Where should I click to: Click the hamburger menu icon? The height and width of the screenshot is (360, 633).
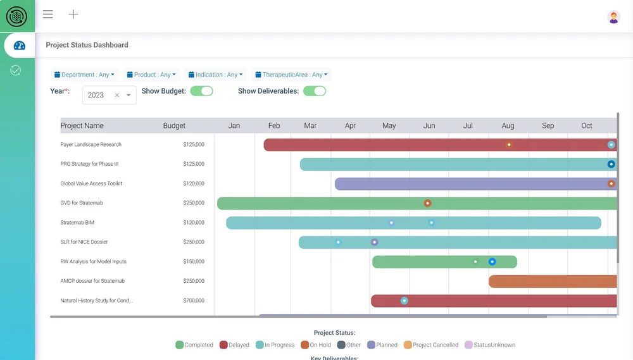(x=48, y=15)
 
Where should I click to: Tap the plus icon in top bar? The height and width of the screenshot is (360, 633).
(x=73, y=15)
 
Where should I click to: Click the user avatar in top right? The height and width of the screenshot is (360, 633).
(x=613, y=17)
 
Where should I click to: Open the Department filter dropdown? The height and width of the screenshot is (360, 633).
(x=84, y=75)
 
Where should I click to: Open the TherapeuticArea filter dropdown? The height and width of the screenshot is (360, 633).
(x=291, y=75)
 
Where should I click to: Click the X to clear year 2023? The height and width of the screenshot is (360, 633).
(x=117, y=96)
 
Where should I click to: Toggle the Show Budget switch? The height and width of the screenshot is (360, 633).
(x=202, y=91)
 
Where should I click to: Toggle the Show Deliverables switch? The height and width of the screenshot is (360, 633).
(x=315, y=91)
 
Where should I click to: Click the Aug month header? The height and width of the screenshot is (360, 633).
(x=508, y=126)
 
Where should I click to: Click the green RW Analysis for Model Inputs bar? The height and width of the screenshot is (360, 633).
(x=430, y=262)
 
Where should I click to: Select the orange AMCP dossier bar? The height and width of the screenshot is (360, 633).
(x=551, y=282)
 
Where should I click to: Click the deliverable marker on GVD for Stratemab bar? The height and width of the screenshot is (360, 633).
(x=428, y=203)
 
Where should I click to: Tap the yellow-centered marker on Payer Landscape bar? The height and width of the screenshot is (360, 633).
(x=509, y=145)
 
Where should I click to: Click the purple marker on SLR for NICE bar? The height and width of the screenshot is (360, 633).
(x=375, y=242)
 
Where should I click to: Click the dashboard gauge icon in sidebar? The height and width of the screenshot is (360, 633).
(x=19, y=46)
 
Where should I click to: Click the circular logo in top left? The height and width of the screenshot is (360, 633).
(x=16, y=16)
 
